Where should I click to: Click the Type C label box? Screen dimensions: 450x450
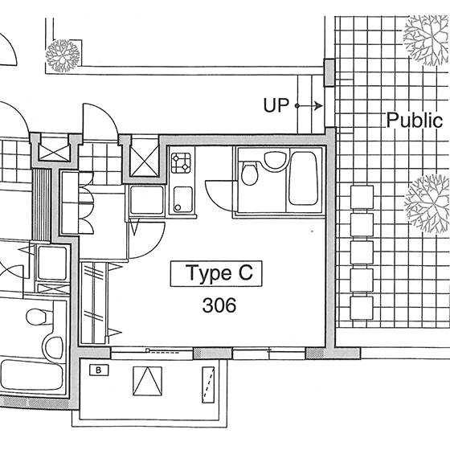[x=216, y=273]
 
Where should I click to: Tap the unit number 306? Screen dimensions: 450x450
[x=219, y=305]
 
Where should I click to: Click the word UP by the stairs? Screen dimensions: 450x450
[x=276, y=105]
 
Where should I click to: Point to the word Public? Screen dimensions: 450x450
[x=414, y=121]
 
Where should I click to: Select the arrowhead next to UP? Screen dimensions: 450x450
[x=318, y=106]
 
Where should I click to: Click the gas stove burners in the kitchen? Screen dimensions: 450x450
[x=181, y=162]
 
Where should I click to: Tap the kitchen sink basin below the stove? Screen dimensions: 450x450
[x=183, y=199]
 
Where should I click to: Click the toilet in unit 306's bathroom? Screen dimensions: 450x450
[x=249, y=173]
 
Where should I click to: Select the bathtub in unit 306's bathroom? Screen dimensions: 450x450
[x=303, y=178]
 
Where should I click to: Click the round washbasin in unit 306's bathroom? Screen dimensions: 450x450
[x=275, y=160]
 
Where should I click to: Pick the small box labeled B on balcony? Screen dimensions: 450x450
[x=99, y=370]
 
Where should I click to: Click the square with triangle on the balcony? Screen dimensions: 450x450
[x=147, y=381]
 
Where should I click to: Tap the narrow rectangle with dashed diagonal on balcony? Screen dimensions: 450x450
[x=208, y=385]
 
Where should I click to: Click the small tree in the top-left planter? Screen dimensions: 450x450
[x=63, y=55]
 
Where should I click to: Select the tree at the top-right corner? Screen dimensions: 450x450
[x=426, y=39]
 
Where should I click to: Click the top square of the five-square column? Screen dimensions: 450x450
[x=362, y=197]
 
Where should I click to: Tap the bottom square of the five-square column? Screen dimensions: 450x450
[x=362, y=308]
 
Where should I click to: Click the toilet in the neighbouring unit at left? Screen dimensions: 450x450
[x=36, y=317]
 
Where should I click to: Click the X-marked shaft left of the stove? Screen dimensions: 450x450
[x=144, y=161]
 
